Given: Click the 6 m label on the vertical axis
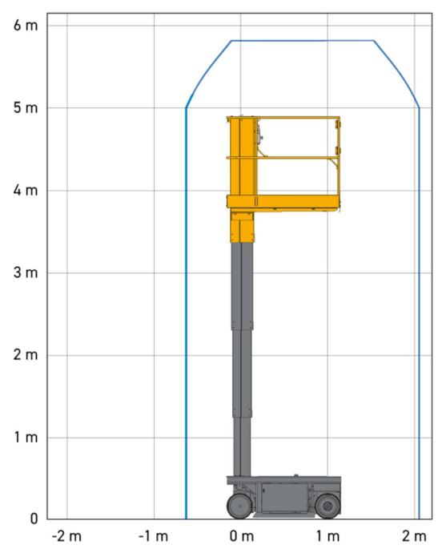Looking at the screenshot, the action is [26, 26].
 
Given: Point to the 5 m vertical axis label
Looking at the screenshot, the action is [26, 107].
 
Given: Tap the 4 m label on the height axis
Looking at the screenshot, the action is [26, 191].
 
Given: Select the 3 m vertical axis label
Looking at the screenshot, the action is [26, 272].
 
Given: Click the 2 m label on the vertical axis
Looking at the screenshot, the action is [26, 355].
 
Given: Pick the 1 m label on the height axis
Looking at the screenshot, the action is [26, 438].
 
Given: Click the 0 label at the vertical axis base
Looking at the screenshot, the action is [34, 519].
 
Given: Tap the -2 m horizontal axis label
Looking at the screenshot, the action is [66, 536].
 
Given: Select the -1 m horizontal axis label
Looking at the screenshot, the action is [153, 536].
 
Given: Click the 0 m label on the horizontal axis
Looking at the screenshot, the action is [242, 536].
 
